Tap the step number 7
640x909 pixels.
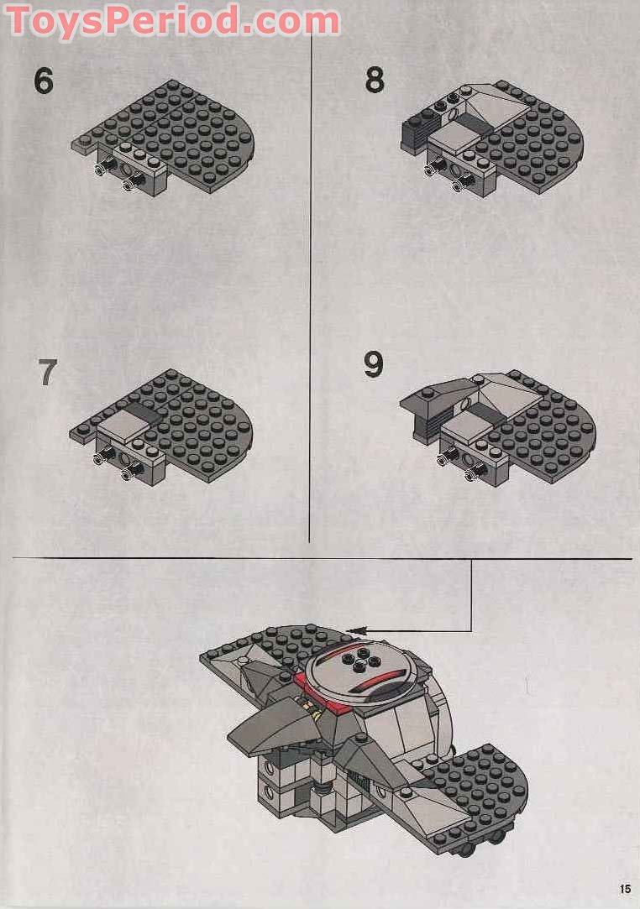(48, 372)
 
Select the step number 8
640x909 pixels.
(375, 80)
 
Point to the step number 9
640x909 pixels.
(374, 364)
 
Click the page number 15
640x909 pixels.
(624, 889)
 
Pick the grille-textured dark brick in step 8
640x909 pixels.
(416, 133)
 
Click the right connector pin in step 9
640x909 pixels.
(471, 476)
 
